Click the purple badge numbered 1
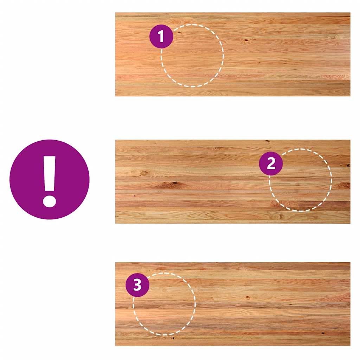[161, 36]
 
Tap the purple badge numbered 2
[271, 163]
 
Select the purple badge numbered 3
[137, 285]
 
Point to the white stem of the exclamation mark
[49, 174]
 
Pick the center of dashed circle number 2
[301, 180]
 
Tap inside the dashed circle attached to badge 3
[165, 304]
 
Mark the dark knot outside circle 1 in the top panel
[246, 40]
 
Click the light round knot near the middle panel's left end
[144, 173]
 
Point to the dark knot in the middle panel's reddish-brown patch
[175, 183]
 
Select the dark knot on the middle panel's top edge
[268, 141]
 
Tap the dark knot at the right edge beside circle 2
[348, 165]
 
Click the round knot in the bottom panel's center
[247, 297]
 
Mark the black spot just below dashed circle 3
[173, 338]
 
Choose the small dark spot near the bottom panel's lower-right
[323, 333]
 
